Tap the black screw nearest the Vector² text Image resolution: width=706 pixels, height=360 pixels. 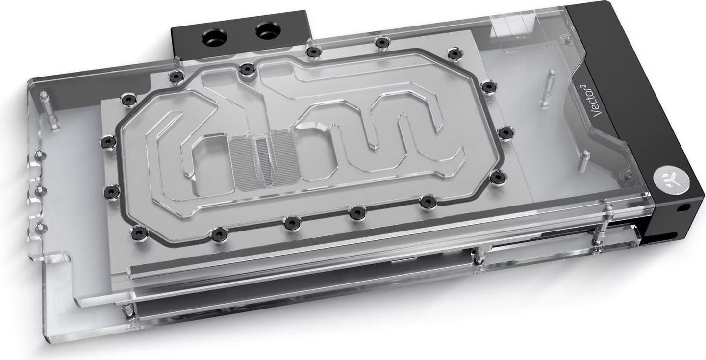tap(489, 87)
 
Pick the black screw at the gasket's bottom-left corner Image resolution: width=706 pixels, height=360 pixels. tap(139, 231)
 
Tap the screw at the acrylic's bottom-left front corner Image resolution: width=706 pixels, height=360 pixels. tap(128, 309)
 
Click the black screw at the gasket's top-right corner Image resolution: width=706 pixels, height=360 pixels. tap(454, 53)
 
